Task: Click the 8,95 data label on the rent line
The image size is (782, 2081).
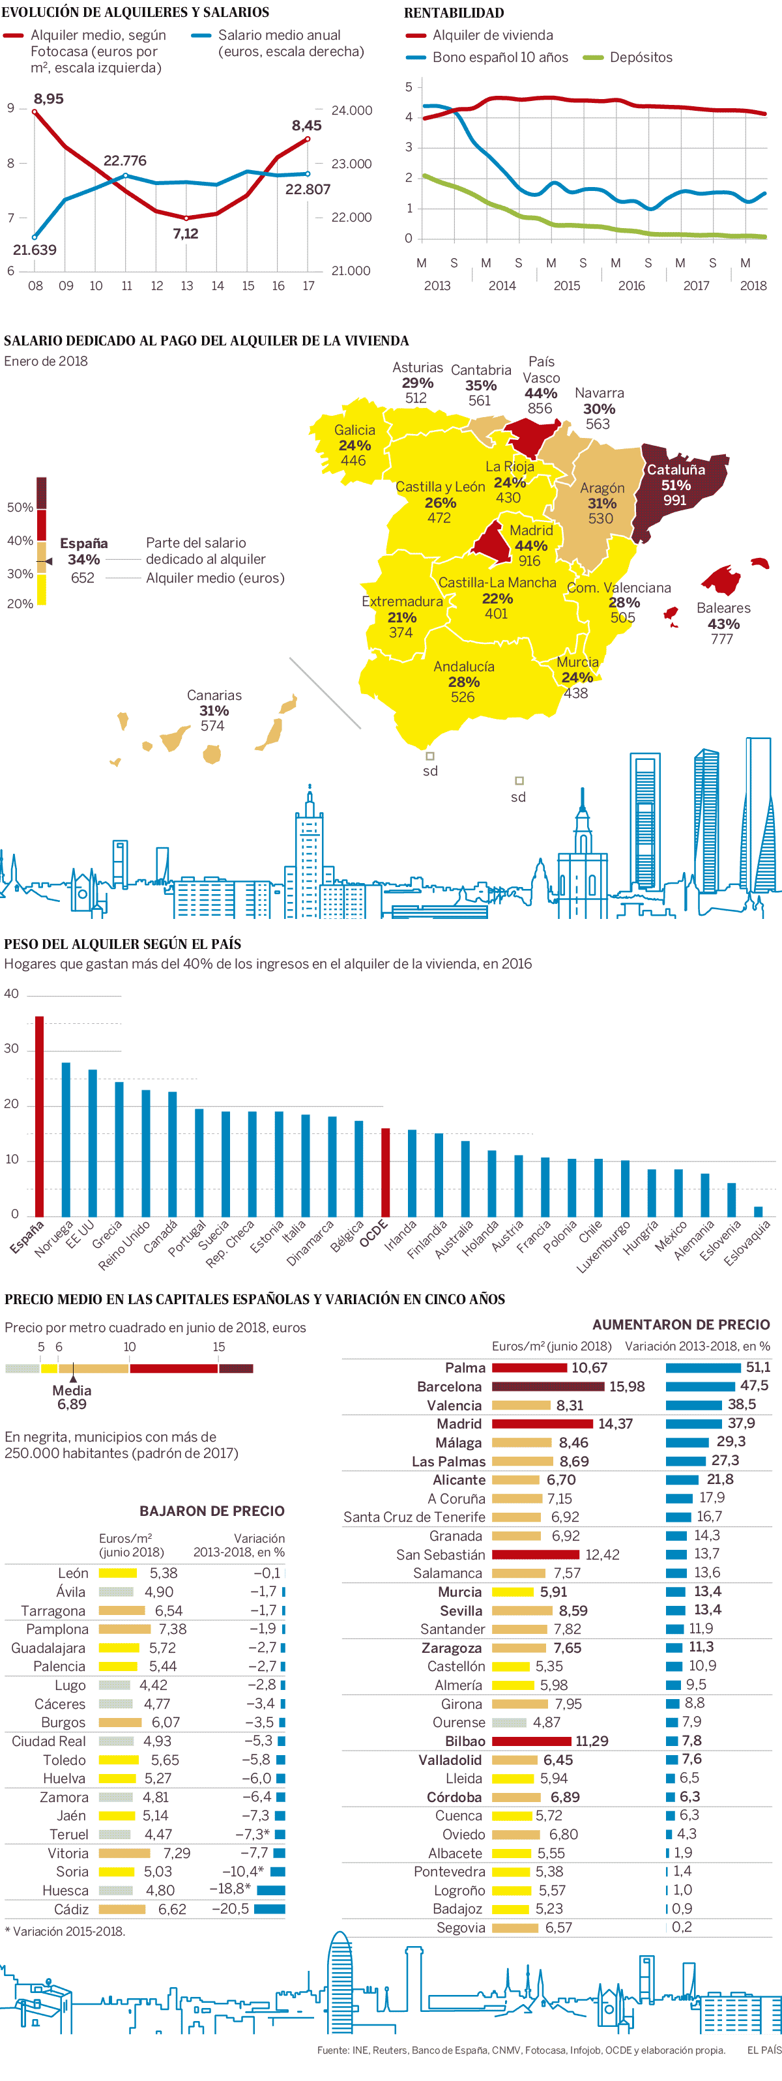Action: [x=48, y=98]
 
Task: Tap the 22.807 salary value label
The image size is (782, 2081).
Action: [x=308, y=189]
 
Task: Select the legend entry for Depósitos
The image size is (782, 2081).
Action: [x=641, y=57]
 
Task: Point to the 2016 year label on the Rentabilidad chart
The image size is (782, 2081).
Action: [x=631, y=285]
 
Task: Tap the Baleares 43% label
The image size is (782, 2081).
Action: [x=723, y=616]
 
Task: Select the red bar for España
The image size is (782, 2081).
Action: [x=40, y=1116]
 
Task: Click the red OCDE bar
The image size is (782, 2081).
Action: [x=385, y=1171]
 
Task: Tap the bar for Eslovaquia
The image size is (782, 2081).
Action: [x=758, y=1211]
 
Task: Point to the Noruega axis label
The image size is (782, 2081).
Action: [x=53, y=1238]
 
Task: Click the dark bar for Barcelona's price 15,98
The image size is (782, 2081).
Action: [x=547, y=1386]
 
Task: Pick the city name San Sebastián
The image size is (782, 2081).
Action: [x=441, y=1554]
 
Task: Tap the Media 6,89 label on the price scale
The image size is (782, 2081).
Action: [x=72, y=1397]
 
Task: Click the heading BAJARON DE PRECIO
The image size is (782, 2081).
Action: [x=212, y=1511]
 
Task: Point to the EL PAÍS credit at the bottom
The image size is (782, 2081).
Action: [x=763, y=2050]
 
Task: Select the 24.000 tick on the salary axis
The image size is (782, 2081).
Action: [x=351, y=111]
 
